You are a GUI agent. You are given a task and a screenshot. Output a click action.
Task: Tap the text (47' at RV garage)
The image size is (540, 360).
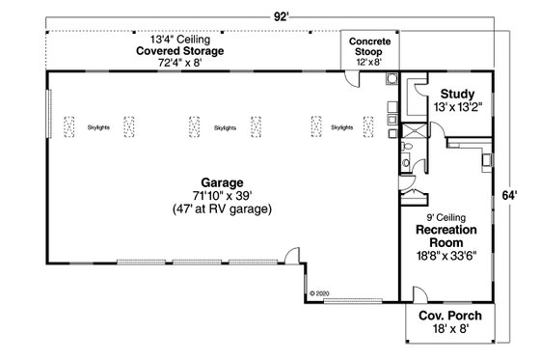[222, 208]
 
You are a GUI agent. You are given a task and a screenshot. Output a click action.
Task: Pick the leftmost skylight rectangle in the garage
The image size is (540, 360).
[69, 126]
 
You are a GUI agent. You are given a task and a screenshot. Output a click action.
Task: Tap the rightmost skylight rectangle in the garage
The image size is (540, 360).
[315, 126]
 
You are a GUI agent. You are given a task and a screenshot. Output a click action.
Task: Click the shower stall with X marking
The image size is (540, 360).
[417, 135]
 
